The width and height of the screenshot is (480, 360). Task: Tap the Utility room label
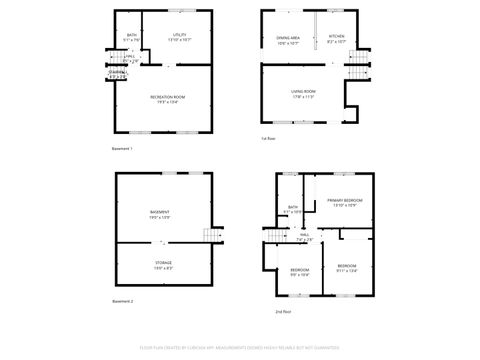click(x=180, y=36)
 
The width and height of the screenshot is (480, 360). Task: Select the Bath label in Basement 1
click(x=131, y=37)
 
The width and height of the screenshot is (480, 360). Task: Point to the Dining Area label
click(x=289, y=40)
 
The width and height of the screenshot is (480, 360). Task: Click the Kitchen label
click(x=336, y=40)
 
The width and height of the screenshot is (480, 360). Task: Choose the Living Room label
click(x=303, y=95)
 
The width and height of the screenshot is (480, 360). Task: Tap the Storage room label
click(x=162, y=264)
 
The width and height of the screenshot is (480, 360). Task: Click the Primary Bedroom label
click(x=345, y=203)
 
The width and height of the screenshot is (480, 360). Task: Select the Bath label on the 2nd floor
click(x=293, y=209)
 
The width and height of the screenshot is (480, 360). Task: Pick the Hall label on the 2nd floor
click(x=305, y=238)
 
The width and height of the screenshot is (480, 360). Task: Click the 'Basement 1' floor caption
click(x=122, y=148)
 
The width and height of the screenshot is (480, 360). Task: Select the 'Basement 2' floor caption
click(x=122, y=301)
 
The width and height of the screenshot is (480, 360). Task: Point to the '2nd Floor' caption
click(x=283, y=311)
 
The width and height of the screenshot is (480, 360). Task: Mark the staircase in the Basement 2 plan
click(x=210, y=235)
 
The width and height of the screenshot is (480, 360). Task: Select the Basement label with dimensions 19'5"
click(x=160, y=214)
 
